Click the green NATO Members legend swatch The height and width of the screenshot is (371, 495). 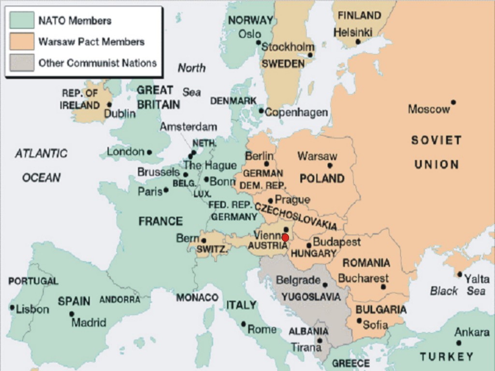pyautogui.click(x=22, y=20)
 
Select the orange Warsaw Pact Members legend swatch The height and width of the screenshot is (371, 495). pyautogui.click(x=22, y=42)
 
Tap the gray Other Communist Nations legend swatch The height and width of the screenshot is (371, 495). pyautogui.click(x=22, y=63)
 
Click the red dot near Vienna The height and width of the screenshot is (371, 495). pyautogui.click(x=285, y=238)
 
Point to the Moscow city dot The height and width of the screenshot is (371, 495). pyautogui.click(x=453, y=102)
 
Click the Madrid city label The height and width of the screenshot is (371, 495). pyautogui.click(x=88, y=322)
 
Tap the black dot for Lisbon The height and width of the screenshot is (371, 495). pyautogui.click(x=12, y=307)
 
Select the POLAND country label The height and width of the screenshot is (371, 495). pyautogui.click(x=322, y=179)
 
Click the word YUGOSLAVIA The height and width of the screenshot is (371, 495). pyautogui.click(x=311, y=296)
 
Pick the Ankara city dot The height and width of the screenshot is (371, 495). pyautogui.click(x=458, y=343)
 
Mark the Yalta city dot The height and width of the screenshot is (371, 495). pyautogui.click(x=459, y=274)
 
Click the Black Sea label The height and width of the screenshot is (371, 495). pyautogui.click(x=457, y=291)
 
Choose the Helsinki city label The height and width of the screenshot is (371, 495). pyautogui.click(x=353, y=32)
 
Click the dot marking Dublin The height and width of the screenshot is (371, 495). pyautogui.click(x=109, y=104)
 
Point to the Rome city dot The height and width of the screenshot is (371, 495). pyautogui.click(x=243, y=324)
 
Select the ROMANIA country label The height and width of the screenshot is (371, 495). pyautogui.click(x=366, y=263)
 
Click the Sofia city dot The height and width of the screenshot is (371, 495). pyautogui.click(x=359, y=320)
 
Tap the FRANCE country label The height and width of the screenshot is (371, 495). pyautogui.click(x=160, y=221)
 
